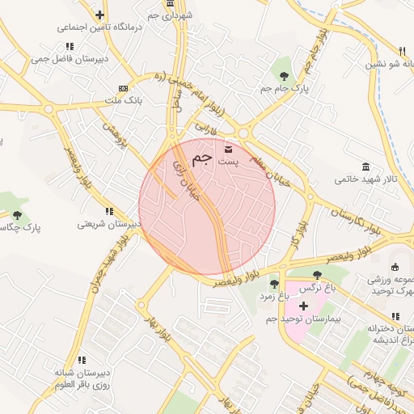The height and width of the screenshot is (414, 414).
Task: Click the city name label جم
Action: point(203,155)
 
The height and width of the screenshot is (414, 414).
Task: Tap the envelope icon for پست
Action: point(228,149)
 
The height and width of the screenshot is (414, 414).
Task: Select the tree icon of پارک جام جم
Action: point(282,75)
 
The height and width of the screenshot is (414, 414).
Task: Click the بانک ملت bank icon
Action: point(123,88)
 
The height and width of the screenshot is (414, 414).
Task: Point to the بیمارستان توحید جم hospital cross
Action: point(303,306)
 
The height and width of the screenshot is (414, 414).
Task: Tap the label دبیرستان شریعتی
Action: point(108,224)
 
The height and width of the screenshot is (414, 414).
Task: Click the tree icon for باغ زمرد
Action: point(274,284)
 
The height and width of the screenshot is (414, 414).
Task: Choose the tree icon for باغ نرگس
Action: point(315,275)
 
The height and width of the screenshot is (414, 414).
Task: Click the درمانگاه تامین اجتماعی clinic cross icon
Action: point(99,15)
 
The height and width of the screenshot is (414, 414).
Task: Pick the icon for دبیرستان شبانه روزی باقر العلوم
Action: point(82,360)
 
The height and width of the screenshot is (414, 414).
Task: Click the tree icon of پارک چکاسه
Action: point(17,215)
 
